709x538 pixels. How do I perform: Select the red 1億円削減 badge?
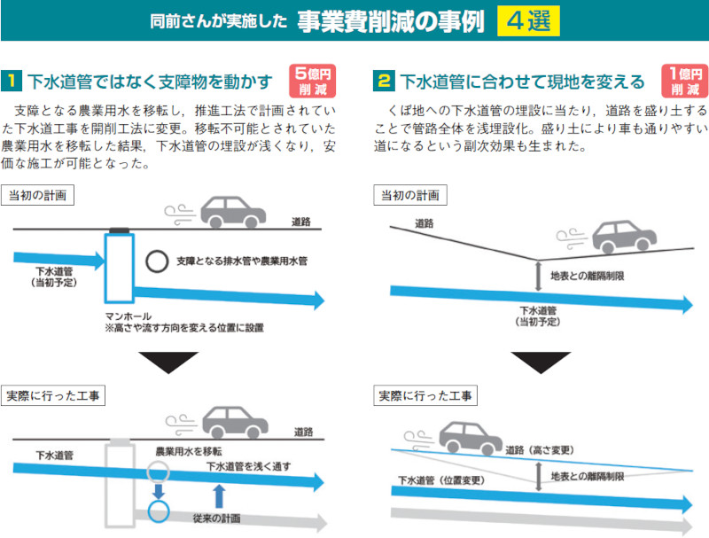(x=684, y=82)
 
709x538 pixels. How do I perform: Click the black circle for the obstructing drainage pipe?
(x=157, y=261)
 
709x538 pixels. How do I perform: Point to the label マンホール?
(x=128, y=316)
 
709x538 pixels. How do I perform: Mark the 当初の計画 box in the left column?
(x=38, y=194)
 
